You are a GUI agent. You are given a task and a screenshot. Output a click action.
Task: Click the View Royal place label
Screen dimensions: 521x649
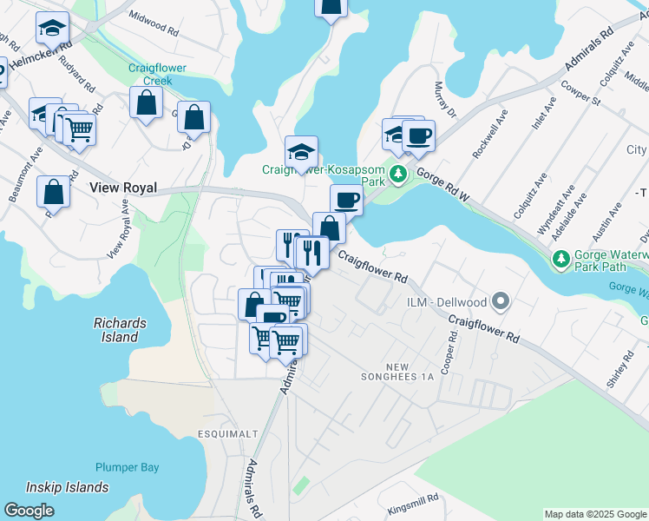(x=123, y=188)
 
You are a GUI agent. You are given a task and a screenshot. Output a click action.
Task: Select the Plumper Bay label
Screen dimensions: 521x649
(x=128, y=467)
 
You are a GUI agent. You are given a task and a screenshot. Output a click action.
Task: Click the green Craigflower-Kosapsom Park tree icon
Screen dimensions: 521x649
(x=398, y=174)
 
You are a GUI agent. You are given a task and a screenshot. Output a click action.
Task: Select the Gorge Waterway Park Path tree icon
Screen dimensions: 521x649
(x=561, y=259)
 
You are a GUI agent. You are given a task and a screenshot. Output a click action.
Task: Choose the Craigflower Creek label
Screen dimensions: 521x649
(x=152, y=73)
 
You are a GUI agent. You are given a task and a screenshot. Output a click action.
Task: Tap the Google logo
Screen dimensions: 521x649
(x=29, y=511)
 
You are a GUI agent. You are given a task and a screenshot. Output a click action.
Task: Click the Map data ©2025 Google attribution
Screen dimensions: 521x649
(x=595, y=514)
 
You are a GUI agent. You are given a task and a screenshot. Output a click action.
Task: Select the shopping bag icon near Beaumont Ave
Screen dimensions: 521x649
(x=54, y=193)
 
